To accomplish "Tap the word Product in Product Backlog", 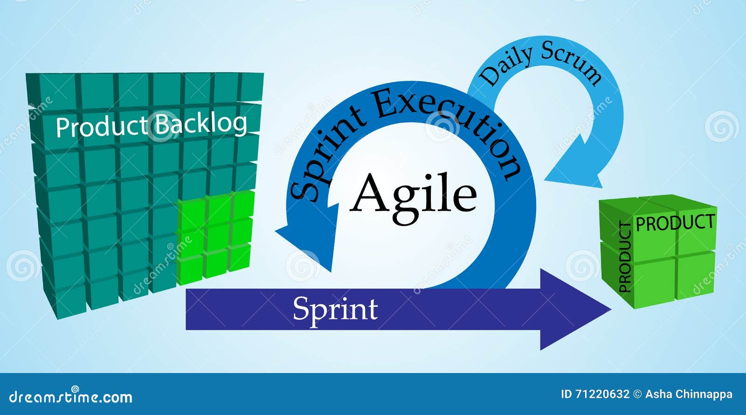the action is point(102,127).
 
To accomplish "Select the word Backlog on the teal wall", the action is point(201,124).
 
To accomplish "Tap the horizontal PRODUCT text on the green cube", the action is point(676,223).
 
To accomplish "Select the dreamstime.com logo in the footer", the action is point(70,396).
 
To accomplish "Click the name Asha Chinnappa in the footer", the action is point(689,394).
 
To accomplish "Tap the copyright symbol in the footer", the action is point(637,394).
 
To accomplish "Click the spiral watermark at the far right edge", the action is point(721,126).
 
